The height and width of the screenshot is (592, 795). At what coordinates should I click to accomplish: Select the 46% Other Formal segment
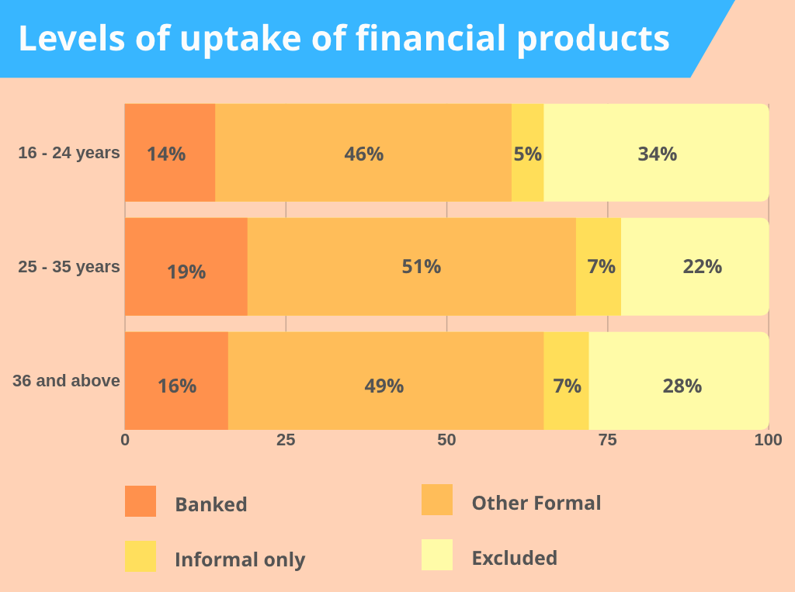(363, 153)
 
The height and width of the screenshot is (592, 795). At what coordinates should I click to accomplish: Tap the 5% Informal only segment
(528, 153)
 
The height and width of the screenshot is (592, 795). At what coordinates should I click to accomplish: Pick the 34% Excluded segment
(656, 153)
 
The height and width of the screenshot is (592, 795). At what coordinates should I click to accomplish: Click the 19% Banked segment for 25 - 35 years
(186, 267)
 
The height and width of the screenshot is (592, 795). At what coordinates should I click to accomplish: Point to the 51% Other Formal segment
(411, 267)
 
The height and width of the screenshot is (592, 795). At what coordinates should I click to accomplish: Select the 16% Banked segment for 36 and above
(176, 381)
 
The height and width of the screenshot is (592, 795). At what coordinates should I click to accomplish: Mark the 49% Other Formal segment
(386, 381)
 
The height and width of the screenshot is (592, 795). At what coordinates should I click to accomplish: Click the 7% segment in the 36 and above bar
(567, 381)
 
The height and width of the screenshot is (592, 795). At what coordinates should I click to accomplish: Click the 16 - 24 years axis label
(69, 153)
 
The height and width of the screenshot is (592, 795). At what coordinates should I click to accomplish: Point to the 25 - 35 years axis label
(69, 267)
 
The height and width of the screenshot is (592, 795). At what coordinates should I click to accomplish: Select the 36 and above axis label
(66, 381)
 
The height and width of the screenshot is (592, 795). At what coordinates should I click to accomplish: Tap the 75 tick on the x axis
(608, 440)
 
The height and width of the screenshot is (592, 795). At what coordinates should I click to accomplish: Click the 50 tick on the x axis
(446, 440)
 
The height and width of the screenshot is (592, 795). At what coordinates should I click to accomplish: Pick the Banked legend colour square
(141, 501)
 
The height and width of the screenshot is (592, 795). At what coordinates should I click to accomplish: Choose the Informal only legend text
(240, 559)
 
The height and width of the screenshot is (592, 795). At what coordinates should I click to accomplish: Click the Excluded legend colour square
(437, 556)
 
